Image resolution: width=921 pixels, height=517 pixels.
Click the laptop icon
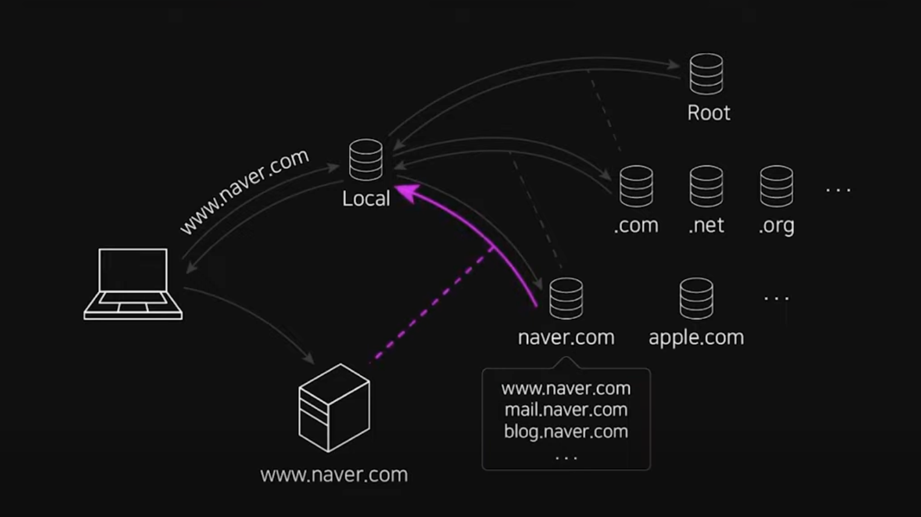tap(133, 284)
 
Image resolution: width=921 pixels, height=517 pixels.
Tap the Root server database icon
tap(706, 74)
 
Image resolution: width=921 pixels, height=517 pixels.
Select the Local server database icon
tap(366, 160)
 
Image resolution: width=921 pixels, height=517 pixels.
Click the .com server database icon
tap(636, 187)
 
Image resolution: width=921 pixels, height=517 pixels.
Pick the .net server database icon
tap(706, 187)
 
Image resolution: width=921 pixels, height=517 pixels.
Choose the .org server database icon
tap(776, 187)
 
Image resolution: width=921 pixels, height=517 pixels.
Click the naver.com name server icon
tap(566, 298)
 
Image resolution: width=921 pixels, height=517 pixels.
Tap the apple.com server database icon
tap(696, 298)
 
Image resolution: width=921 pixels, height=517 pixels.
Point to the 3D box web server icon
tap(334, 408)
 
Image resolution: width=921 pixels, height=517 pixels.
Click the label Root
tap(709, 113)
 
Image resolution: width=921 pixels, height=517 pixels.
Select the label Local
tap(366, 199)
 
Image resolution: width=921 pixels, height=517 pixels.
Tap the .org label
tap(776, 225)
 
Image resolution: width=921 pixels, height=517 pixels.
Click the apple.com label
tap(696, 337)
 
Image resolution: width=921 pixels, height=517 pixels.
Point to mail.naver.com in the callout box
tap(566, 410)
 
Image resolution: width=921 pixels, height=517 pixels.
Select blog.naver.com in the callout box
tap(566, 432)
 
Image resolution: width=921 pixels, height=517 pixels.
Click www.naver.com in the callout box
tap(566, 388)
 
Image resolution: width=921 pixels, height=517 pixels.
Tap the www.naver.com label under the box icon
tap(334, 475)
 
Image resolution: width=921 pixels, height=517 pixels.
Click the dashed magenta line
tap(432, 305)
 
